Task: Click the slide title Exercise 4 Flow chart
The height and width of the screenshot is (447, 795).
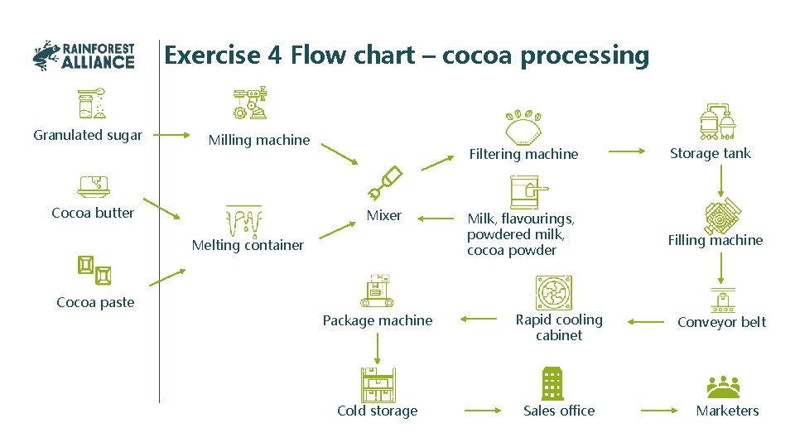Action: (x=406, y=55)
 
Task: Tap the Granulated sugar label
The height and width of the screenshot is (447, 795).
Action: (x=88, y=135)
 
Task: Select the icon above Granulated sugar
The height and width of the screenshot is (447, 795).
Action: (x=90, y=103)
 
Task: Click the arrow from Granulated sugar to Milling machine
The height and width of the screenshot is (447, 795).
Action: (x=174, y=134)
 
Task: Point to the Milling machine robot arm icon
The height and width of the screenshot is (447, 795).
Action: (x=250, y=103)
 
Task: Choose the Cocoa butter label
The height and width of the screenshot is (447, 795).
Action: (x=93, y=213)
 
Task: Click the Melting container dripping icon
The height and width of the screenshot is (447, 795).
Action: (x=243, y=221)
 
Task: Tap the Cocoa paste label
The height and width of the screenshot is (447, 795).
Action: (x=95, y=302)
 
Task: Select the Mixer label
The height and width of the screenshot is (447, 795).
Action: (x=384, y=215)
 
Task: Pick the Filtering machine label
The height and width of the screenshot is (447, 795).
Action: (x=523, y=154)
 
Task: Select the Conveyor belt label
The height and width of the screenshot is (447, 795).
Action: (x=721, y=322)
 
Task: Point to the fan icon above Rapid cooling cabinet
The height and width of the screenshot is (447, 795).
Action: (x=554, y=293)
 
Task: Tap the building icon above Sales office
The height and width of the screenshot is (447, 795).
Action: (x=552, y=383)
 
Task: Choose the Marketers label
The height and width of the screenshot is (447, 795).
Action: (x=727, y=411)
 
